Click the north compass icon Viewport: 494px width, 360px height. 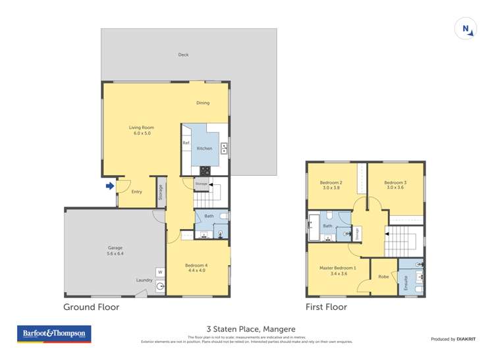click(x=465, y=30)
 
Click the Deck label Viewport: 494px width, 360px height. click(x=183, y=55)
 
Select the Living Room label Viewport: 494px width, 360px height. click(x=139, y=130)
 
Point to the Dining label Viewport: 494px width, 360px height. click(x=203, y=103)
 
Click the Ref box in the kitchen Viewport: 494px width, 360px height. click(x=186, y=143)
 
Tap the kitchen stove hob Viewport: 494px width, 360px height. click(x=205, y=170)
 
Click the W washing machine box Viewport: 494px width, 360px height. click(x=159, y=272)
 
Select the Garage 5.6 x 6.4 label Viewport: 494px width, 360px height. click(x=115, y=251)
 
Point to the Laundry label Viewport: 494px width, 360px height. click(x=144, y=280)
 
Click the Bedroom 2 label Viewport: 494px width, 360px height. click(x=331, y=186)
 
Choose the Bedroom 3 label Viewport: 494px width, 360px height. click(x=395, y=186)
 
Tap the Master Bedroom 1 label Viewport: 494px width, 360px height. click(x=337, y=271)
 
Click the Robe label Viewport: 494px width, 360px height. click(x=383, y=276)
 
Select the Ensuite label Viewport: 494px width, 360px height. click(x=406, y=284)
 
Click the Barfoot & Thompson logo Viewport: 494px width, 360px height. click(x=54, y=334)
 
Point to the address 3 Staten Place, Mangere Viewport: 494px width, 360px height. click(x=251, y=329)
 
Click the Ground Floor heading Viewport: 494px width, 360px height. click(x=91, y=307)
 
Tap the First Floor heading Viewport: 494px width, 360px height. click(x=326, y=307)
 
